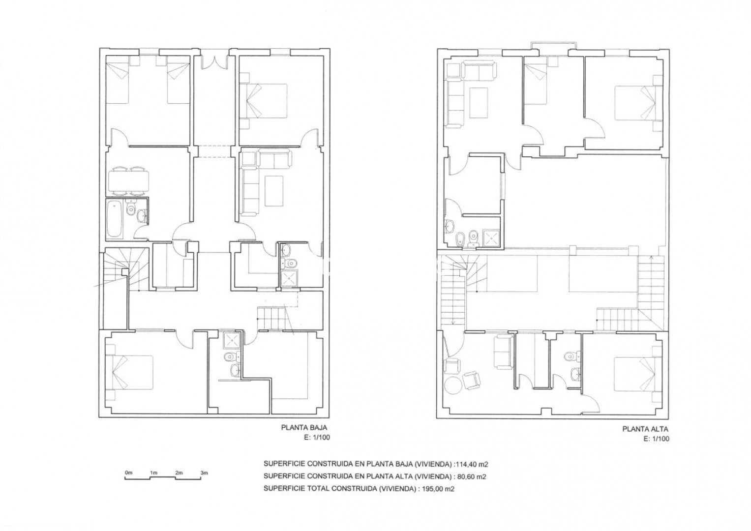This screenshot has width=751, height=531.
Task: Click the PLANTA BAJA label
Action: (304, 428)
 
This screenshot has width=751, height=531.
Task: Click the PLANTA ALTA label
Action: (645, 429)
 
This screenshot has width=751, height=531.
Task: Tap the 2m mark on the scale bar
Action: (179, 473)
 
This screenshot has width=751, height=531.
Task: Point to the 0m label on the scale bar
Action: (129, 472)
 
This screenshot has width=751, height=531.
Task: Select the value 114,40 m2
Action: (471, 465)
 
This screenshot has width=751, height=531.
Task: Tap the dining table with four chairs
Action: (128, 181)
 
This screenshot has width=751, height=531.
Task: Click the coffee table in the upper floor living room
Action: (479, 103)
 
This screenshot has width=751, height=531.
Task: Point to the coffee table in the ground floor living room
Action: (274, 191)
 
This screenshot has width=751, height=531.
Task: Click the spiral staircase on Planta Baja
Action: (126, 269)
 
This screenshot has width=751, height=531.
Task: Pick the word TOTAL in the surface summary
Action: (319, 489)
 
